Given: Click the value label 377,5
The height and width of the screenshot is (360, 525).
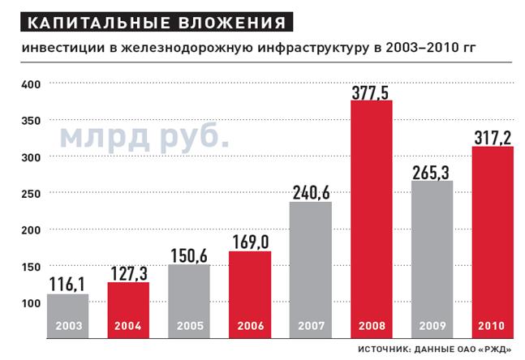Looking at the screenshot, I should coord(372,90).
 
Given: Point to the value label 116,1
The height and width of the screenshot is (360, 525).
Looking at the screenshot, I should coord(67,284).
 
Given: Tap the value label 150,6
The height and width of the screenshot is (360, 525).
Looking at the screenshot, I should coord(189,255).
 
